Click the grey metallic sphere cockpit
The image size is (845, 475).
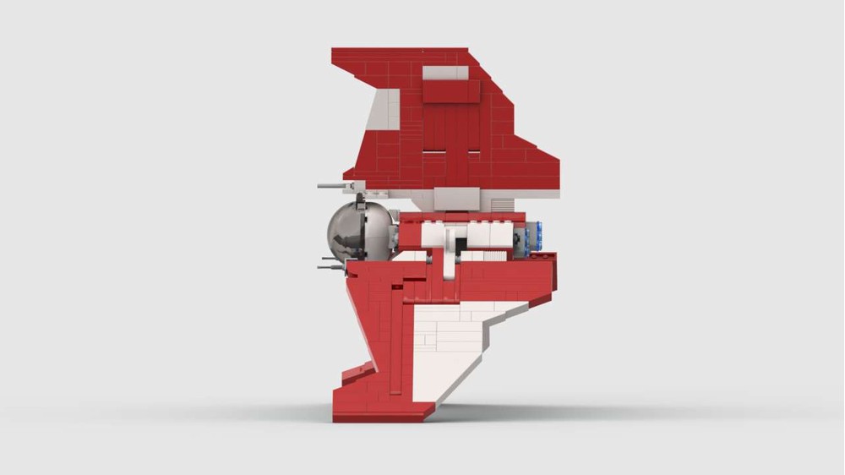[359, 231]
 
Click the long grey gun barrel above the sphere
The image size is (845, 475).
[334, 184]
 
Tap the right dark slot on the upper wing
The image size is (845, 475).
[473, 153]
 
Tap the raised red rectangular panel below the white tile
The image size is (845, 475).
[450, 92]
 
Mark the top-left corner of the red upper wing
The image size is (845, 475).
[335, 52]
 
